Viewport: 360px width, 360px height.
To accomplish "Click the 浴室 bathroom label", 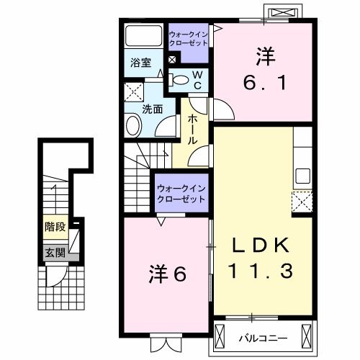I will point(140,62).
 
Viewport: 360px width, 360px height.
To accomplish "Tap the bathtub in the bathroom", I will point(144,36).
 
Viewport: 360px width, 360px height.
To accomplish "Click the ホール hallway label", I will point(192,130).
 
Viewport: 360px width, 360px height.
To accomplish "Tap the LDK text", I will point(262,245).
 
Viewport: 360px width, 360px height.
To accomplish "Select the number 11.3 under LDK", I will point(262,271).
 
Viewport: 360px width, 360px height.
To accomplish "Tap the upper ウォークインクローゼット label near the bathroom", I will point(188,38).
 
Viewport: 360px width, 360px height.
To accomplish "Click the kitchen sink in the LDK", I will point(302,176).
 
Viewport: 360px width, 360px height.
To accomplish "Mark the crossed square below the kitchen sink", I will point(301,201).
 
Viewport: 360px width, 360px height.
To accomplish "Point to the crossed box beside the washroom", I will point(133,92).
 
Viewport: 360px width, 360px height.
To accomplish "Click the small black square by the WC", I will point(172,60).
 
